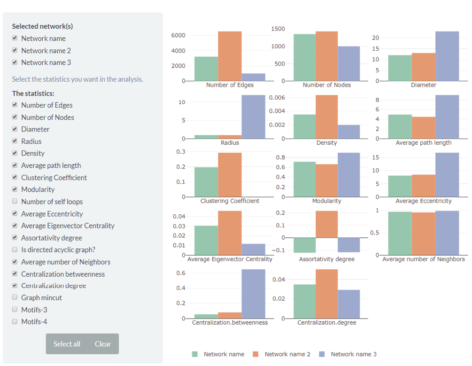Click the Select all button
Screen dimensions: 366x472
point(67,344)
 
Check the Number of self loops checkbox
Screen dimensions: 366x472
point(15,202)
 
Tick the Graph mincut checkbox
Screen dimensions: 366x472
point(15,297)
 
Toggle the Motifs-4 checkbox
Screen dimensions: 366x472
point(15,322)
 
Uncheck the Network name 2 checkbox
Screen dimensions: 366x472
point(15,51)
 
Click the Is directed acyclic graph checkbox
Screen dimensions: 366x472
point(15,249)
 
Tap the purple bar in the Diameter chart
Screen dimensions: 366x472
point(447,56)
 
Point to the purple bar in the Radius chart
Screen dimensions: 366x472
point(254,117)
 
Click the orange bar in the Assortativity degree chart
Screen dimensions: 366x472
point(327,224)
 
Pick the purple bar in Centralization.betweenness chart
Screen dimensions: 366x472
point(254,294)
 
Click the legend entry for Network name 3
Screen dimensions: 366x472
point(353,354)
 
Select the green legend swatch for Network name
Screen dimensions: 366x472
point(195,354)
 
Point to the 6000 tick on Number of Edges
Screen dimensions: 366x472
point(178,35)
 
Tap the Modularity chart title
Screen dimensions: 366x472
point(327,201)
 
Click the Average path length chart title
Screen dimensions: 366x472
point(423,142)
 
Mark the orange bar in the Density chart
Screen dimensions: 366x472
point(327,117)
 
